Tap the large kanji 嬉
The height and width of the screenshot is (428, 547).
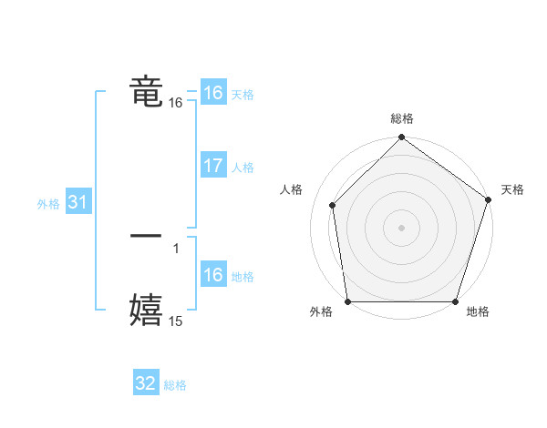[146, 309]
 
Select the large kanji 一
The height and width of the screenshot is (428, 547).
[146, 236]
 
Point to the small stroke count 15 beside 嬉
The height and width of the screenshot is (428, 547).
[176, 321]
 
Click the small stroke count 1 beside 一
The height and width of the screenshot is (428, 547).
[176, 248]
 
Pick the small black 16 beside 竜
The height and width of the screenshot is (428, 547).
[176, 104]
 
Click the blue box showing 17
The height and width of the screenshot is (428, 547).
[212, 166]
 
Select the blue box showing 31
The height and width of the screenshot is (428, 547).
[77, 202]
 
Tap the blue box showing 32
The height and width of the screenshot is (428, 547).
[146, 383]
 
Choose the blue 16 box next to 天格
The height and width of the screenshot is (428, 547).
[212, 93]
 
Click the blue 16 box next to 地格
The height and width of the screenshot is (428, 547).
[212, 275]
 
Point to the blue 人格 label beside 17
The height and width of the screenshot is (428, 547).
[243, 168]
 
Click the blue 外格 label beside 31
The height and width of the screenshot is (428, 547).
[48, 204]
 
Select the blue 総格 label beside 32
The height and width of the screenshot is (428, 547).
[176, 385]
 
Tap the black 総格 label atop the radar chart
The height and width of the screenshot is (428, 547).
[402, 118]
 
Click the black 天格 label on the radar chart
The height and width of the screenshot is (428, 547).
[512, 189]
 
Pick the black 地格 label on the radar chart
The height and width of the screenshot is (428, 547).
[478, 312]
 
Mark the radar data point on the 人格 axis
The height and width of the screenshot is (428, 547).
[333, 205]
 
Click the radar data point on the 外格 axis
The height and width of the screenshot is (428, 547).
[348, 301]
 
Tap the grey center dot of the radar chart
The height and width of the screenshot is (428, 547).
[402, 227]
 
